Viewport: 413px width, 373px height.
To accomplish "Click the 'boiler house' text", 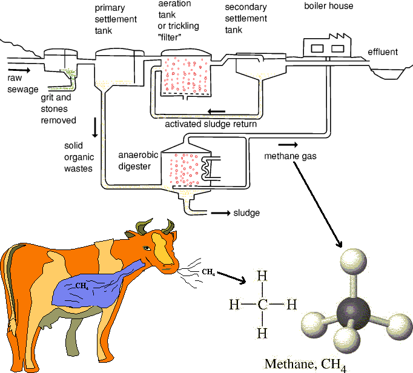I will point(328,7).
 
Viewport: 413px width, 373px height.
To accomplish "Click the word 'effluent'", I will point(383,52).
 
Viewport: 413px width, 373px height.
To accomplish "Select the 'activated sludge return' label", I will point(211,124).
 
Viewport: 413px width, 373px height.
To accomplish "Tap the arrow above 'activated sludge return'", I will point(216,111).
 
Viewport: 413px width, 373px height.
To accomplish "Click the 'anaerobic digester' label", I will point(137,160).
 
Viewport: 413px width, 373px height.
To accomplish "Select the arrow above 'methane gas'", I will point(288,145).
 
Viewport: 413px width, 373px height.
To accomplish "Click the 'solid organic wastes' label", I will point(78,157).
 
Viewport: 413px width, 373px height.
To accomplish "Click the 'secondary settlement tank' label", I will point(245,19).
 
